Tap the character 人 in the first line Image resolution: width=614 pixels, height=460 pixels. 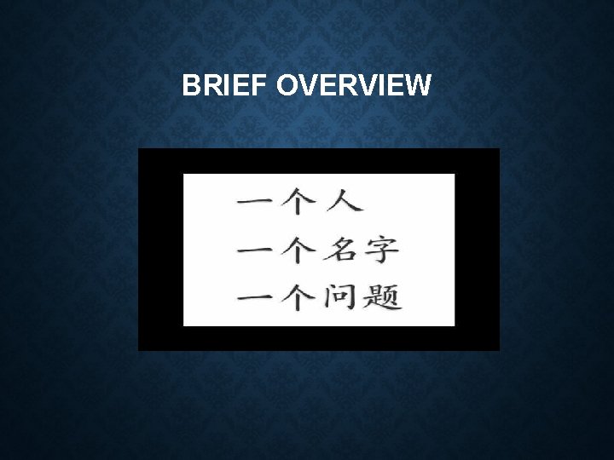(343, 201)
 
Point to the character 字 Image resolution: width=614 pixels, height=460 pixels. (381, 250)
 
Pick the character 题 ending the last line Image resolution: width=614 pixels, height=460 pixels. (383, 298)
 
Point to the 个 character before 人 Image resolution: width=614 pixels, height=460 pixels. (298, 201)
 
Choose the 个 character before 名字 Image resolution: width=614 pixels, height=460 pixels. (298, 250)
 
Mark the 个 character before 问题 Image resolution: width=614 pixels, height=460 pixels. (298, 298)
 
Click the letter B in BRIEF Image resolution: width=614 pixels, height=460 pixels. (191, 85)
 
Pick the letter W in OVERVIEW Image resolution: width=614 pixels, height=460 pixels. (418, 85)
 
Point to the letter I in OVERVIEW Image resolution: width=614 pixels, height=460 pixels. (378, 85)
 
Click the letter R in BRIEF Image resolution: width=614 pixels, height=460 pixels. (208, 85)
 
